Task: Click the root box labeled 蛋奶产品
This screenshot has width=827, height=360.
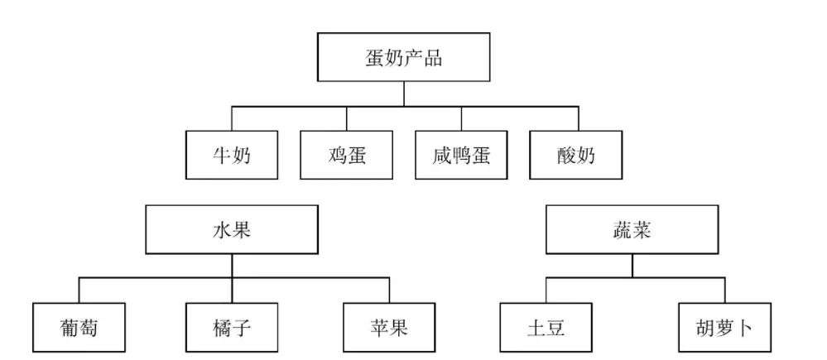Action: click(403, 57)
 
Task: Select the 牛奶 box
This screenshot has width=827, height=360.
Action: click(232, 155)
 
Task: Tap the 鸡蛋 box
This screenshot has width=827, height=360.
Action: click(347, 155)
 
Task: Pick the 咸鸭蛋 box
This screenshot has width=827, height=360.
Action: click(461, 155)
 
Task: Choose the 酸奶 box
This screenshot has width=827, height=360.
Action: click(576, 155)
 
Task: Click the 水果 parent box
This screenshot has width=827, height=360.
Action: click(232, 230)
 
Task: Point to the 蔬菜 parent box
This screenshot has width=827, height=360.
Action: click(632, 230)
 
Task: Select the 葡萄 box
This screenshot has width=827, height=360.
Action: click(79, 328)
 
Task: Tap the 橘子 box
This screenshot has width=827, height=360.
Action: click(232, 328)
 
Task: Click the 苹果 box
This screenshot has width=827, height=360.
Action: click(389, 328)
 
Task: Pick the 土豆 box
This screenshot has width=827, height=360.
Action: click(546, 328)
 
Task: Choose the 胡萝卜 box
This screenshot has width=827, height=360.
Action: click(724, 328)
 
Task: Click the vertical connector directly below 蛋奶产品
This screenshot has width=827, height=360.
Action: click(404, 94)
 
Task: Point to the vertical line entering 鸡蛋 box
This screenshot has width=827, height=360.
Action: click(347, 118)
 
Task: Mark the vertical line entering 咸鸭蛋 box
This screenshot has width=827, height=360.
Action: click(461, 118)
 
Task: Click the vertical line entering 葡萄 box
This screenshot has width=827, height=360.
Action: click(79, 290)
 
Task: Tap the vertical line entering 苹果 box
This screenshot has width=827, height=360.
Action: click(390, 290)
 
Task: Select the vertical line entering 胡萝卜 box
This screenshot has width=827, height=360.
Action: click(724, 290)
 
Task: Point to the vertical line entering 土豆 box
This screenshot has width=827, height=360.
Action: click(546, 290)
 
